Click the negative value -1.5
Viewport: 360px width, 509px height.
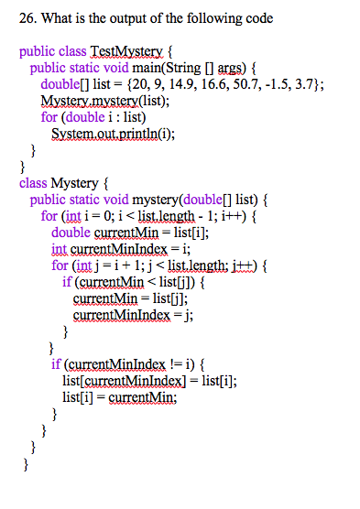(258, 84)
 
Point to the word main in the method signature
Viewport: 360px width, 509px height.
(146, 68)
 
